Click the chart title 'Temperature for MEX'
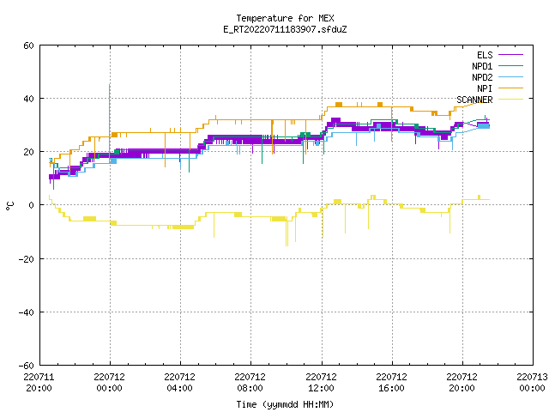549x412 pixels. coord(285,18)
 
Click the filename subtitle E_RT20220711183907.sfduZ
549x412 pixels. coord(285,29)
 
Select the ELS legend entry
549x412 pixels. coord(500,55)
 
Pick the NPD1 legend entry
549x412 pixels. coord(498,66)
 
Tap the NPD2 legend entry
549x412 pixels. coord(498,77)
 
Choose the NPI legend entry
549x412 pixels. coord(500,88)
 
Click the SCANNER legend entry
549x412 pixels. coord(490,100)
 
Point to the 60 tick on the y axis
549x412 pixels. coord(28,45)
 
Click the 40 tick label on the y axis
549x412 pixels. coord(28,99)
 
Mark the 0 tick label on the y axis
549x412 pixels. coord(32,205)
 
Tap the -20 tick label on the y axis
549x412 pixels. coord(27,259)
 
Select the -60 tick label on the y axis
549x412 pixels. coord(27,366)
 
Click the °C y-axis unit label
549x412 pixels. coord(9,206)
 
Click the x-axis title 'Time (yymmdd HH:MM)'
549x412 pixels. coord(285,404)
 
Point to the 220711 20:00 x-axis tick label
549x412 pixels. coord(39,382)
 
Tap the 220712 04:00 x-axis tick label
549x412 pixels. coord(179,382)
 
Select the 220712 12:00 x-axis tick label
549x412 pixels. coord(321,382)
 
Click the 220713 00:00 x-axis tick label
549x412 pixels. coord(532,382)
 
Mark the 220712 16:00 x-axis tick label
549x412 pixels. coord(391,382)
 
